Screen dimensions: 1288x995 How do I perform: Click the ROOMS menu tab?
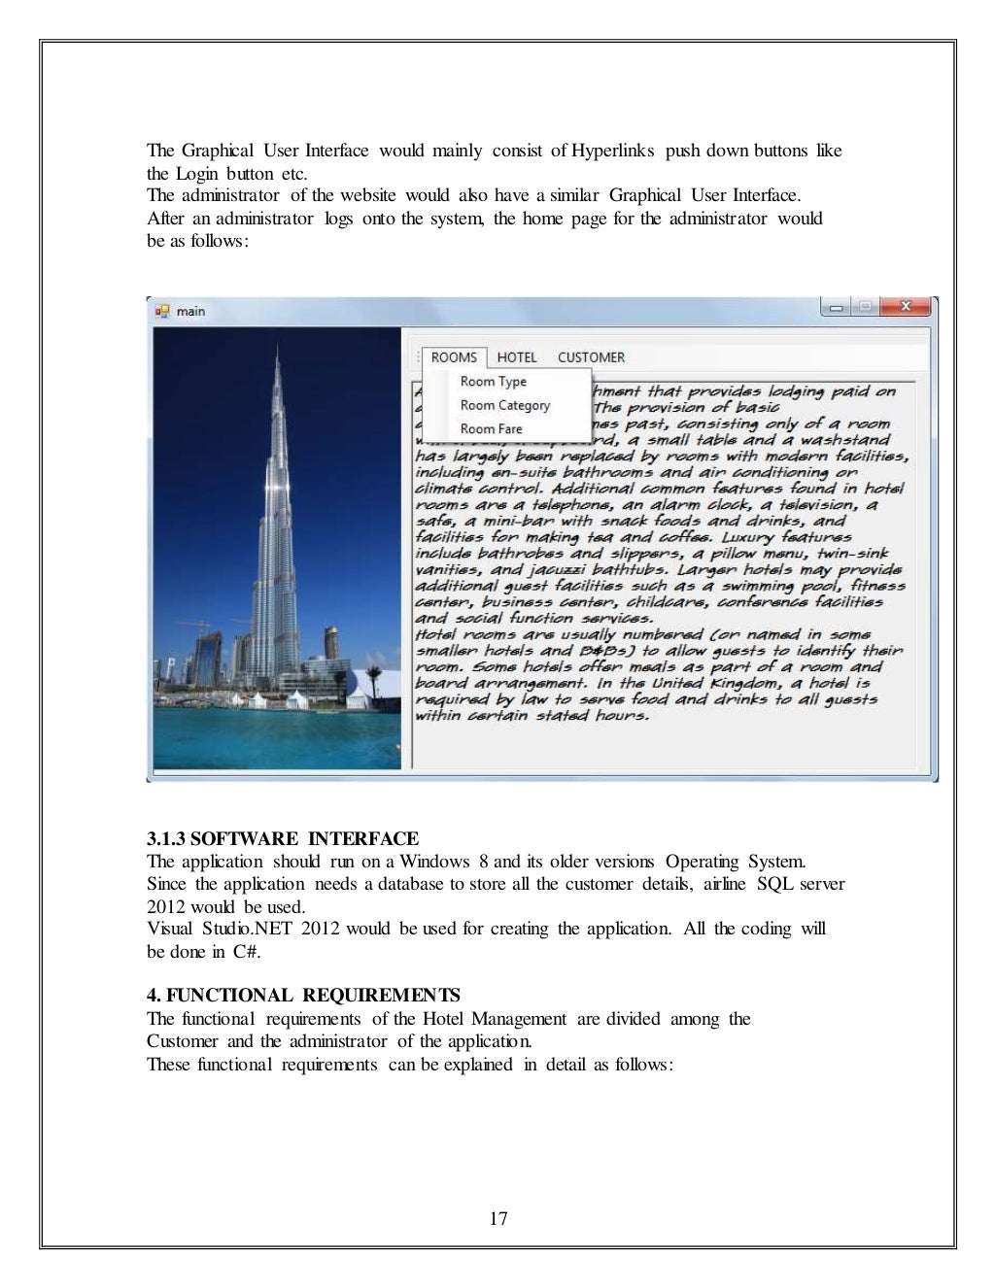[454, 357]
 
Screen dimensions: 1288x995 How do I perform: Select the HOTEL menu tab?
[517, 357]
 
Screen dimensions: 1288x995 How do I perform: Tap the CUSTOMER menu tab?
[591, 357]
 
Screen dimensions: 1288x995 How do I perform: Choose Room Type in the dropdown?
[494, 382]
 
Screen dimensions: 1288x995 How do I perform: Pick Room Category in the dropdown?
[505, 405]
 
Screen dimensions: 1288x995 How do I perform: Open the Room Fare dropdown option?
[492, 428]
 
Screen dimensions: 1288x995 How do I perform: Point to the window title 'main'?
[190, 311]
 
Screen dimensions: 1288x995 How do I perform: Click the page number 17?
[498, 1218]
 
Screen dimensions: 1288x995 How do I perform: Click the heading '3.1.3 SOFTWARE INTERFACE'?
[283, 838]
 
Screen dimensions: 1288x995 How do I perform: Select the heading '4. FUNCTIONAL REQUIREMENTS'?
[304, 996]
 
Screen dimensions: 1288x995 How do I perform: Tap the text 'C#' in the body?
[246, 952]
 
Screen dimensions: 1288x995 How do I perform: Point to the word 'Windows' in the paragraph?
[434, 862]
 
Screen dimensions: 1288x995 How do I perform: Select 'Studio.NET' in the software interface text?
[248, 929]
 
